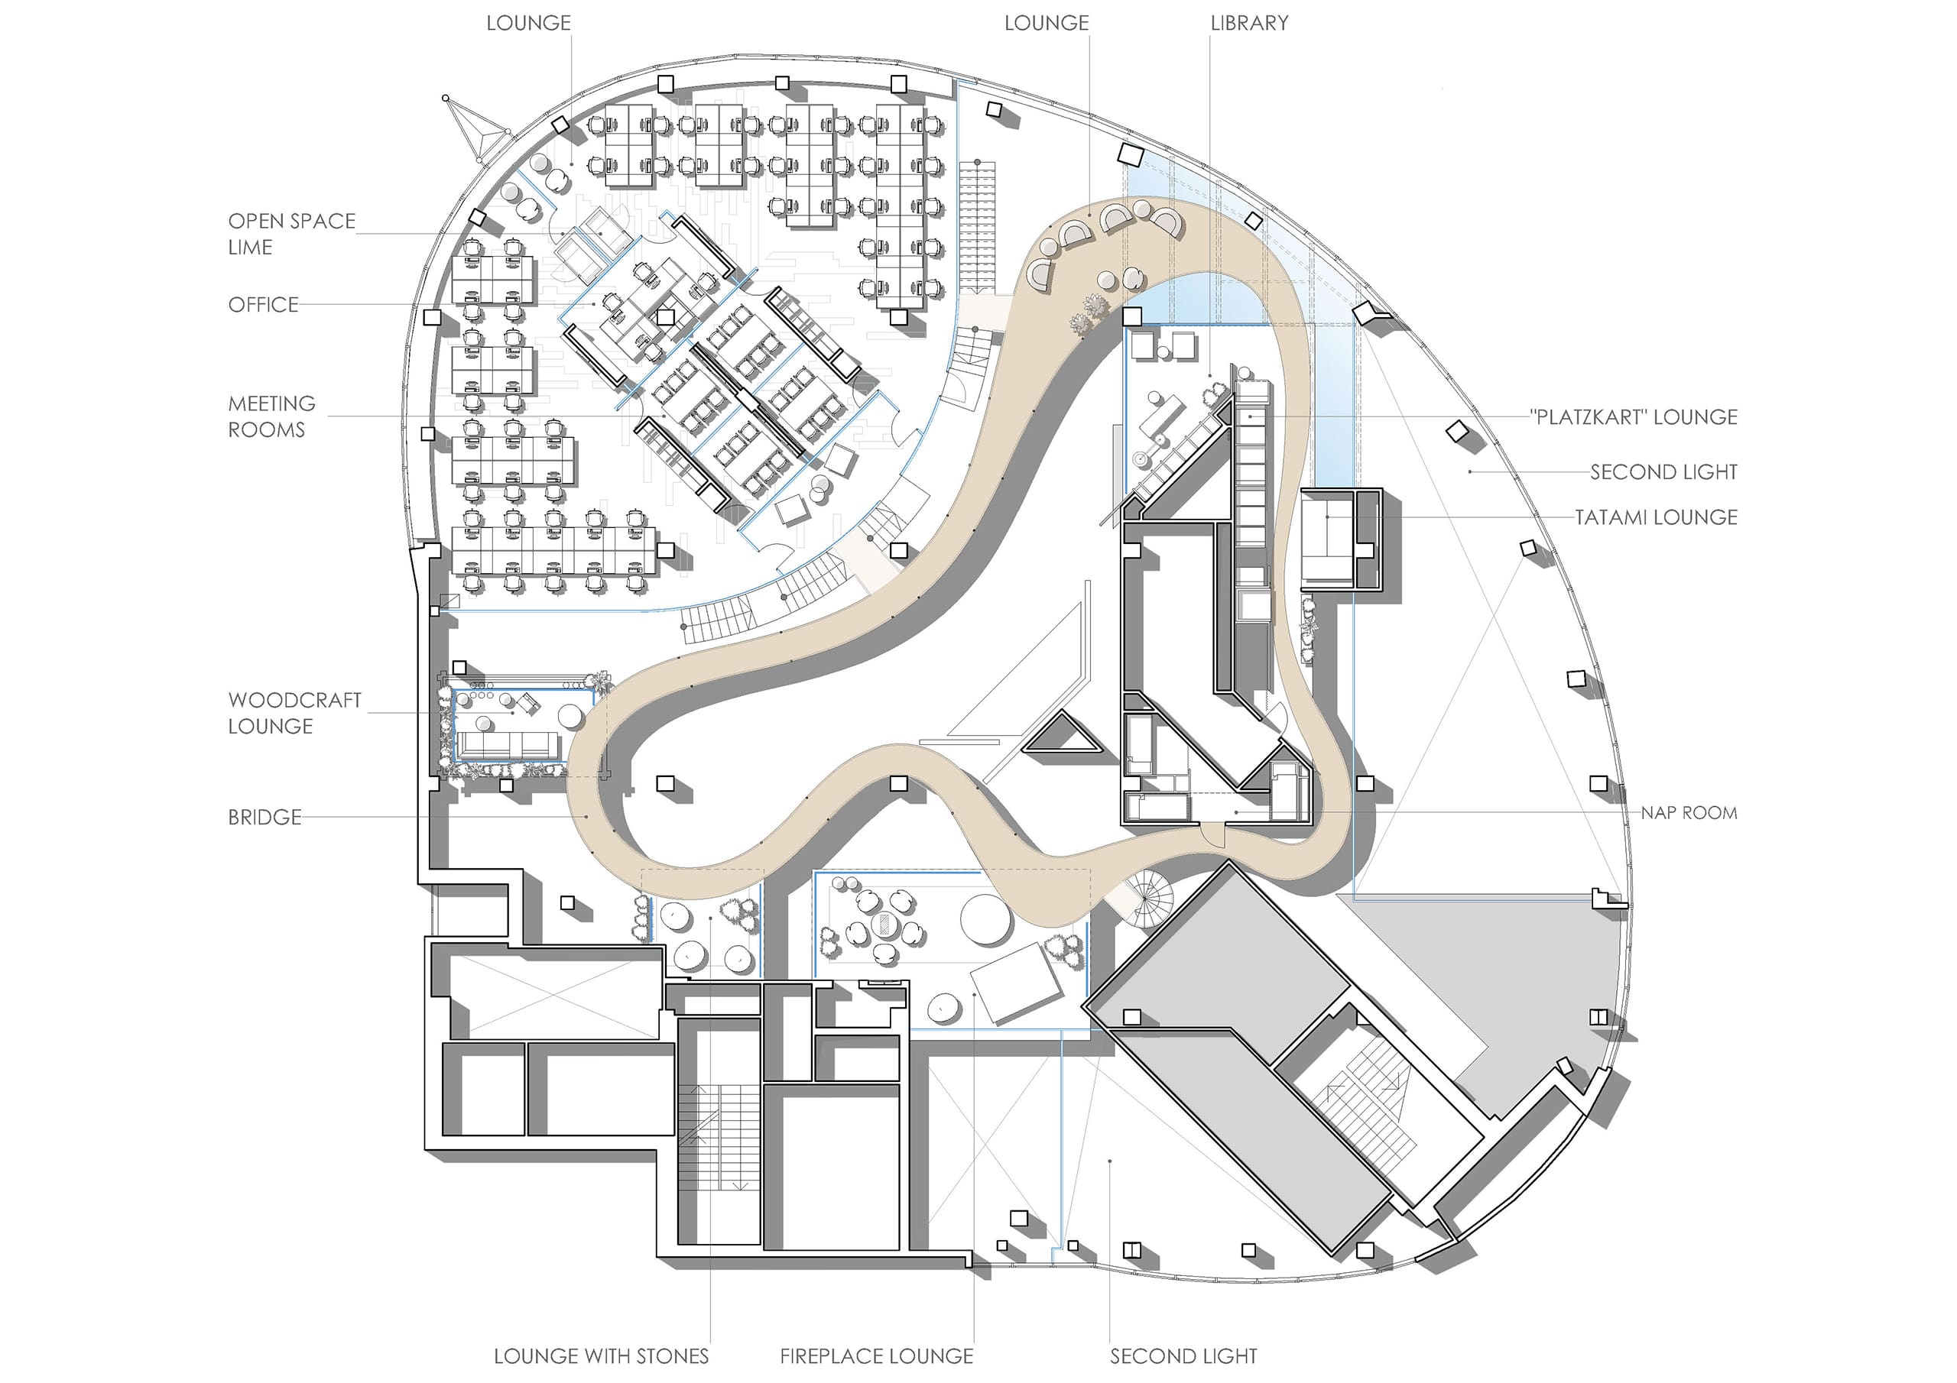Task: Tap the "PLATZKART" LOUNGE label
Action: pyautogui.click(x=1633, y=416)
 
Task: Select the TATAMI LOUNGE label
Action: pyautogui.click(x=1655, y=517)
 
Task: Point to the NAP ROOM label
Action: pyautogui.click(x=1689, y=813)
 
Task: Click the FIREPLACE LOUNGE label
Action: pyautogui.click(x=876, y=1355)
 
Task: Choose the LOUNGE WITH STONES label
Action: pyautogui.click(x=601, y=1355)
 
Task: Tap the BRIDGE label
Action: pyautogui.click(x=265, y=817)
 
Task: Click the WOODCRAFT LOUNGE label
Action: pyautogui.click(x=295, y=713)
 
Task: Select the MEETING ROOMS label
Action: pyautogui.click(x=271, y=416)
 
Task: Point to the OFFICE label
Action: pyautogui.click(x=264, y=304)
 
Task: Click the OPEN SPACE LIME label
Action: pyautogui.click(x=291, y=235)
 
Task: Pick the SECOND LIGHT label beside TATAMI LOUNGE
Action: pyautogui.click(x=1663, y=472)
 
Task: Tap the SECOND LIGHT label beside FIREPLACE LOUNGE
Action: pyautogui.click(x=1183, y=1355)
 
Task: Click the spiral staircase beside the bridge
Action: pyautogui.click(x=1147, y=899)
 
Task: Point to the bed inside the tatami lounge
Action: pyautogui.click(x=1326, y=539)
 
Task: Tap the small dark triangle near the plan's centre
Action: pyautogui.click(x=1062, y=735)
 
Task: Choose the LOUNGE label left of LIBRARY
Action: pyautogui.click(x=1046, y=23)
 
